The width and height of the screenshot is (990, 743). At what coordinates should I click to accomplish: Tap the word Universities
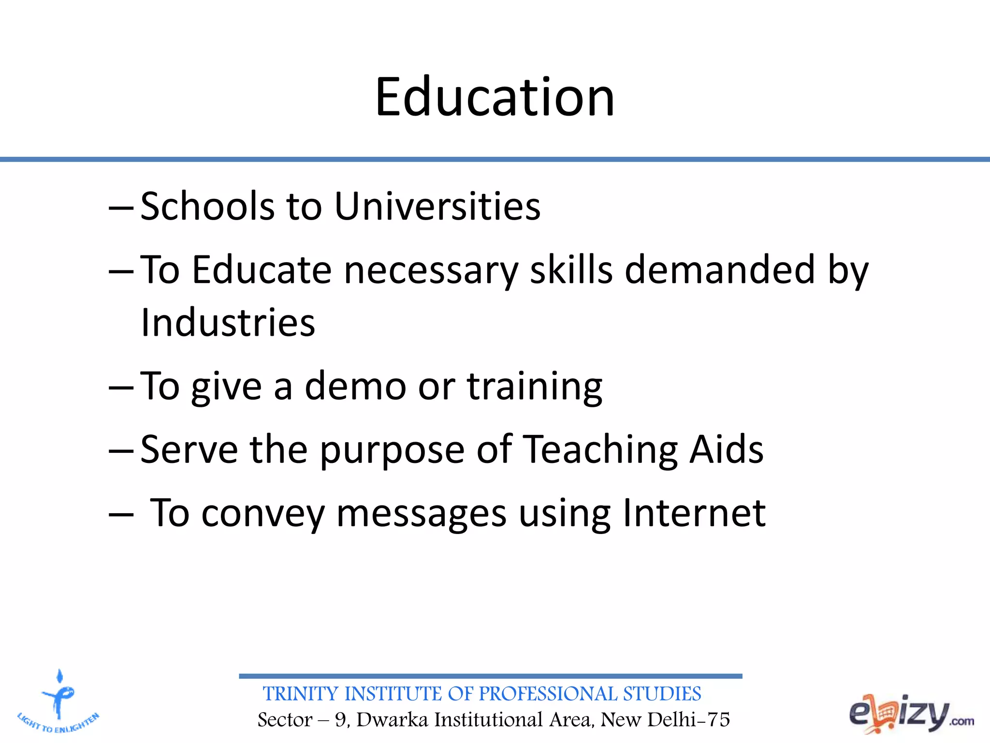tap(437, 207)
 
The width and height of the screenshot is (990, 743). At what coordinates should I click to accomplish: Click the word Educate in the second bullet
tap(262, 270)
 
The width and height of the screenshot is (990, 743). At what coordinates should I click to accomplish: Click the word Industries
tap(228, 323)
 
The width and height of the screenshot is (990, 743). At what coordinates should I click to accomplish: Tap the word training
tap(535, 387)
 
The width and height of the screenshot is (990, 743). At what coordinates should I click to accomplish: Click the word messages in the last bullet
tap(421, 514)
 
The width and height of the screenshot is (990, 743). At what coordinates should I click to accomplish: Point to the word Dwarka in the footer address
tap(392, 720)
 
